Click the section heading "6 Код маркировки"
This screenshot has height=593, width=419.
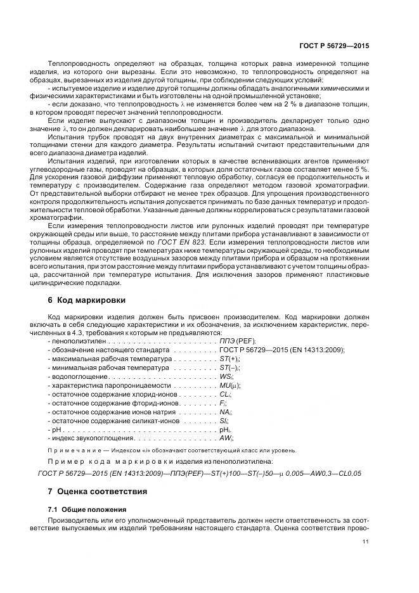[x=87, y=300]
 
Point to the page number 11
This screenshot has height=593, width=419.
[x=366, y=542]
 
